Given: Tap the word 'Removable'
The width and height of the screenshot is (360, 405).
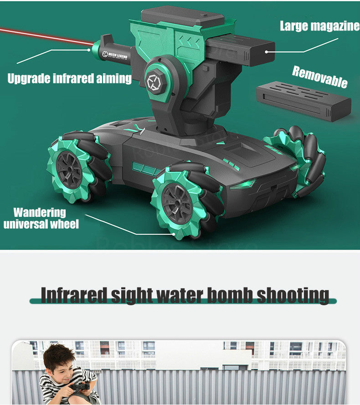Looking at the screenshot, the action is click(320, 77).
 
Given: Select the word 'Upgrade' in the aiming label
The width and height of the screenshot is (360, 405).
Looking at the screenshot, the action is click(28, 78).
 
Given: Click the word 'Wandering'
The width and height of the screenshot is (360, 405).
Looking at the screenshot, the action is click(40, 212).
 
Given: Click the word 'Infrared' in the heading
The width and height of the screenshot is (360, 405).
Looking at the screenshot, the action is click(74, 295).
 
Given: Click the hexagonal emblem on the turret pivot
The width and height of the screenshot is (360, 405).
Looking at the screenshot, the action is click(154, 83).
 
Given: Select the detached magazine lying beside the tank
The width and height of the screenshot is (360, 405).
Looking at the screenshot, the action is click(304, 101).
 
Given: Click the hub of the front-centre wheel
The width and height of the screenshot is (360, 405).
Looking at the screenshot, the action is click(177, 204).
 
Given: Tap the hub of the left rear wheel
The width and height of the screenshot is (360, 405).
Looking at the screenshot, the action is click(69, 169).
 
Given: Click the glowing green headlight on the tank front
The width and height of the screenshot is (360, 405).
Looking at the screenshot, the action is click(243, 184).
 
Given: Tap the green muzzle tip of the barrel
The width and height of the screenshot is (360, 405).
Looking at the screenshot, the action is click(96, 50).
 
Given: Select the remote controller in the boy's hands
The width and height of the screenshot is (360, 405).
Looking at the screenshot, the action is click(80, 387).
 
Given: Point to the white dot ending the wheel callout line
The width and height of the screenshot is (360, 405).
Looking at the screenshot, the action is click(174, 234).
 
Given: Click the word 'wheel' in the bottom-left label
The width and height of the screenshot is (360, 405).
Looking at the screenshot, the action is click(65, 224).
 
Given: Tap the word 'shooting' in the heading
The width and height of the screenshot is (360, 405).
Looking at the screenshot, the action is click(293, 296).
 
